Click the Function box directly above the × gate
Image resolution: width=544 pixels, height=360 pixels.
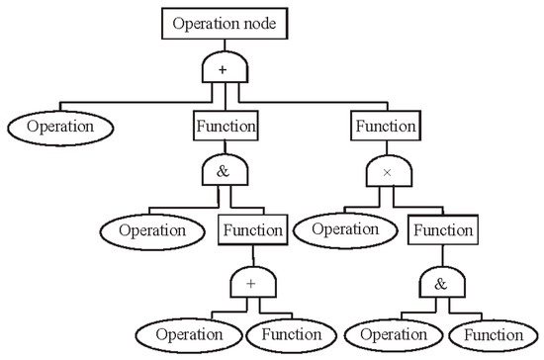coord(384,127)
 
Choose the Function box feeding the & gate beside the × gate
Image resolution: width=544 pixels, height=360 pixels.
coord(225,127)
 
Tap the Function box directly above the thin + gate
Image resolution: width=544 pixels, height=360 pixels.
coord(252,230)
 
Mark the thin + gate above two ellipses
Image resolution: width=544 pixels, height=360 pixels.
coord(251,286)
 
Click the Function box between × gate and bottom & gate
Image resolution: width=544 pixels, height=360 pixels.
coord(442,231)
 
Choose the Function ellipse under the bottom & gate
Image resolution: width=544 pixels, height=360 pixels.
coord(494,334)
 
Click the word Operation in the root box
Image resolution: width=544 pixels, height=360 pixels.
coord(205,22)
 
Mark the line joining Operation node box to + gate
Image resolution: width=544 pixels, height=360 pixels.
coord(224,45)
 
